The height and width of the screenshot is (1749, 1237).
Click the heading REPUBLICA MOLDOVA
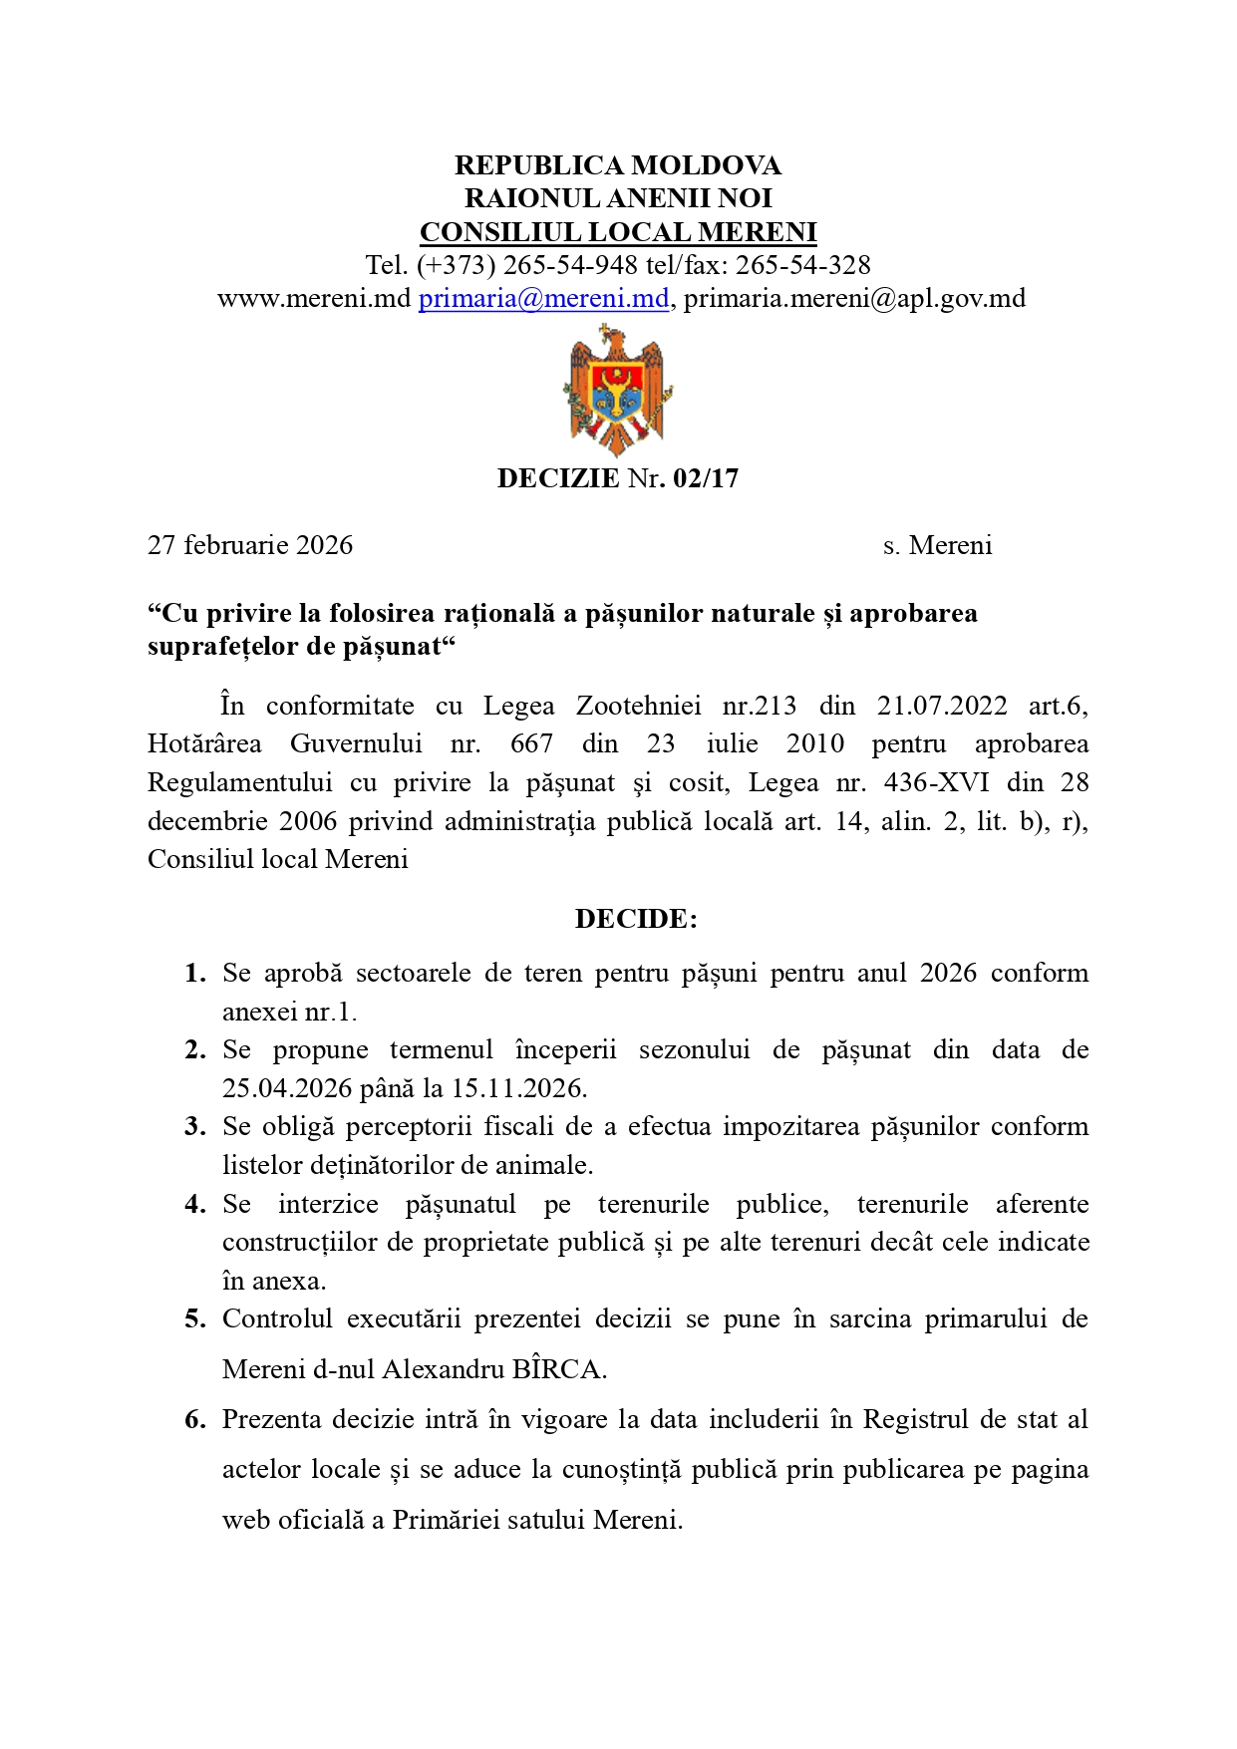point(618,165)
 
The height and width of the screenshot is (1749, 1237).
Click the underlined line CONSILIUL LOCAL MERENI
point(618,232)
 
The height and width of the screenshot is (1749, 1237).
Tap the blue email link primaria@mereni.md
point(543,298)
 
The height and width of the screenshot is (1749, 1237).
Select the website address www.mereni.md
point(314,298)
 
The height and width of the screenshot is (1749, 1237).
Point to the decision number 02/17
point(706,478)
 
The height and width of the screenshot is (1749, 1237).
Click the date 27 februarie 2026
point(250,545)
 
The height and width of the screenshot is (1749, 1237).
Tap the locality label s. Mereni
point(937,545)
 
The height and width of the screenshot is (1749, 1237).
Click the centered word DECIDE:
point(636,919)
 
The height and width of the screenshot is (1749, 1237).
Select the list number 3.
point(194,1127)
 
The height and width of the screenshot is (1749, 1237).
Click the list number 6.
point(194,1419)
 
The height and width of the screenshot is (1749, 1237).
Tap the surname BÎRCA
point(558,1369)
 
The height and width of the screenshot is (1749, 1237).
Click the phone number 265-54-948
point(570,265)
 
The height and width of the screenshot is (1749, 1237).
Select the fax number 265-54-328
point(802,265)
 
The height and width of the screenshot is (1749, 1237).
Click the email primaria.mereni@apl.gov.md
point(854,298)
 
